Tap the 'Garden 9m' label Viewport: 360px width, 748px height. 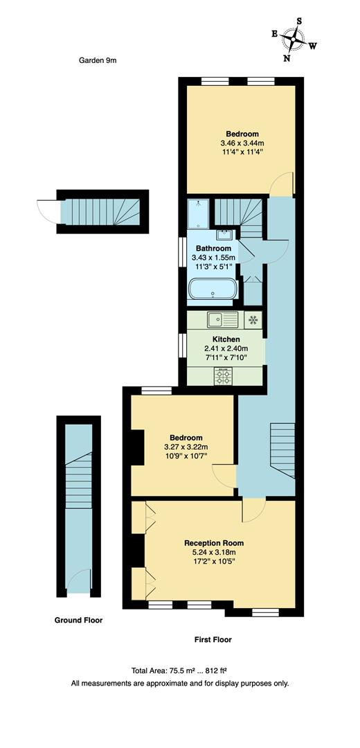tap(98, 60)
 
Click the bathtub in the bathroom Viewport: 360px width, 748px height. tap(213, 290)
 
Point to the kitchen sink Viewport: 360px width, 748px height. tap(222, 320)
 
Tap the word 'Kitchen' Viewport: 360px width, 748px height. tap(226, 339)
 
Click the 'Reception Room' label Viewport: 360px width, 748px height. tap(214, 543)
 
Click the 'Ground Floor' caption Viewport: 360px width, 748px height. tap(78, 621)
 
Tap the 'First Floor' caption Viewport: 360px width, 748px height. tap(213, 640)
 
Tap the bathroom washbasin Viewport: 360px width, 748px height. tap(226, 235)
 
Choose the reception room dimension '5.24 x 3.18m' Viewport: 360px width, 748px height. tap(214, 552)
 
